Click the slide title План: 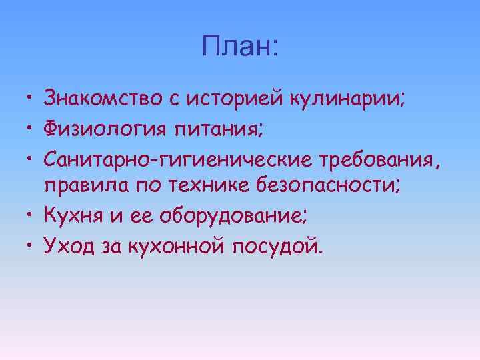[241, 47]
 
